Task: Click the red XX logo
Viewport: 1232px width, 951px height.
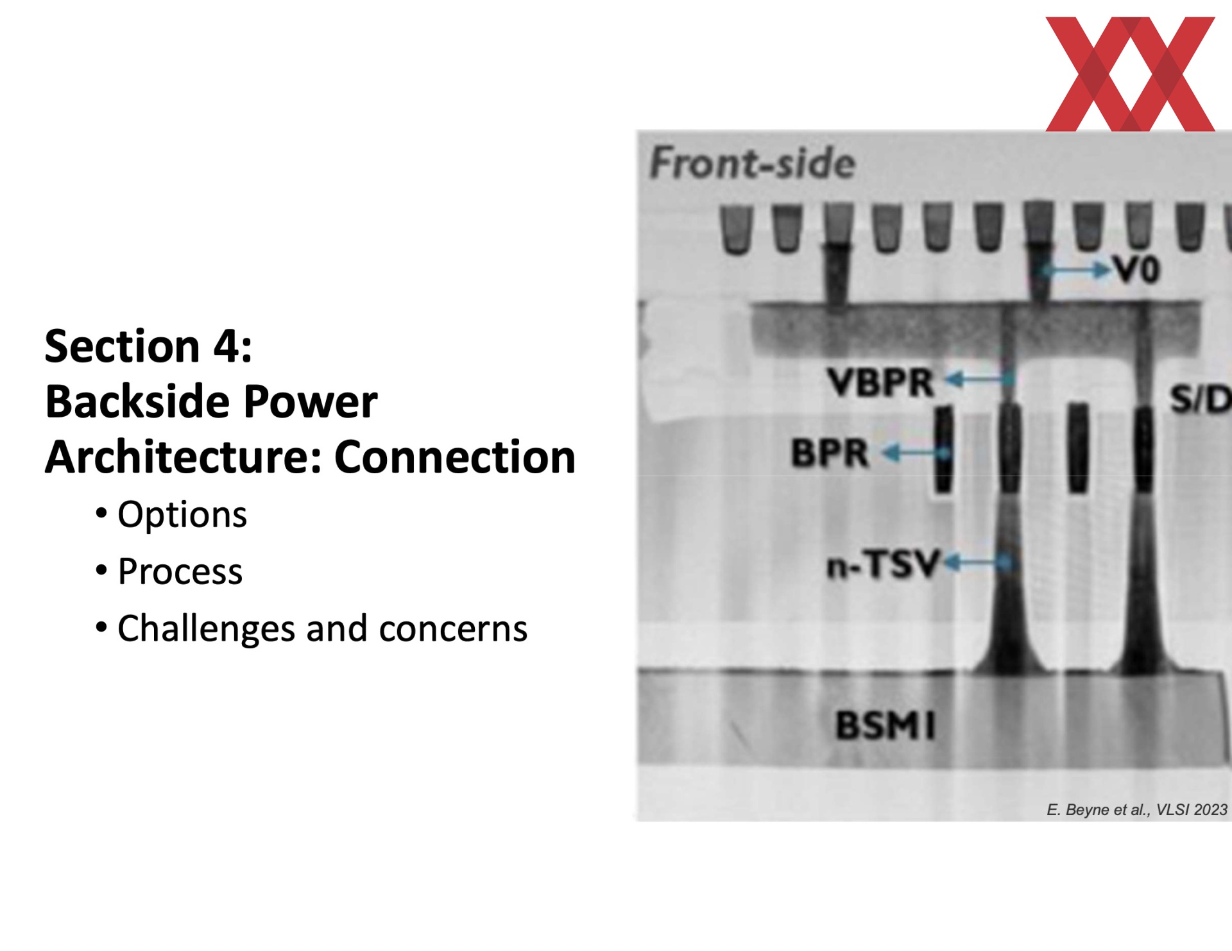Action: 1130,74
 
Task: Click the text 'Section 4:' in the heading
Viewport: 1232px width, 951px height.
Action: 148,346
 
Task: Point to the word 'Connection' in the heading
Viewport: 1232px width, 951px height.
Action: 455,457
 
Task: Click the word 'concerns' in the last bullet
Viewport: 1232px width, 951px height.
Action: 453,629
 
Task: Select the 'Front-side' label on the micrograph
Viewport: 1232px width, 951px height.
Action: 753,162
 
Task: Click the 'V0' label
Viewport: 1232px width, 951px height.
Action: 1136,269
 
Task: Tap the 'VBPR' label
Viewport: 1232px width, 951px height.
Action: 880,382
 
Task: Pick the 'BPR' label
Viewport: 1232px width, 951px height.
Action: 830,453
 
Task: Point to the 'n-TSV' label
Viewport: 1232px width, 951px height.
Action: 884,565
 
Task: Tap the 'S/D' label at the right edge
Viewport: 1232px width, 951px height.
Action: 1201,399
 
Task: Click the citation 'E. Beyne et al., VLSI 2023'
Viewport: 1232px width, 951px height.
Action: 1137,810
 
